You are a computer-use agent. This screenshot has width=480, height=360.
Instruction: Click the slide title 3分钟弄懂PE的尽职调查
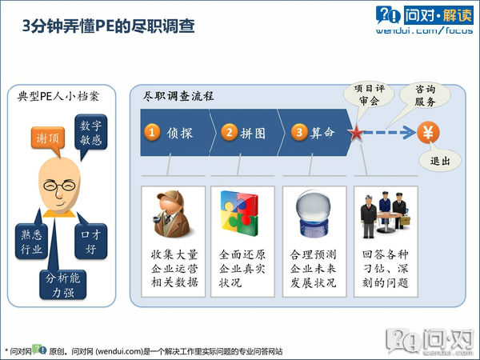click(108, 27)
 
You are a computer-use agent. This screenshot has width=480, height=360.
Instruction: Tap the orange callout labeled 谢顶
click(47, 138)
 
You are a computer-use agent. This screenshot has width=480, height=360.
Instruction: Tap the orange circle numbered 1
click(152, 132)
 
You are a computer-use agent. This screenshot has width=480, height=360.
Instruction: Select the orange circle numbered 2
click(229, 132)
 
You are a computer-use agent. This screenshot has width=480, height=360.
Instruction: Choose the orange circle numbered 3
click(299, 132)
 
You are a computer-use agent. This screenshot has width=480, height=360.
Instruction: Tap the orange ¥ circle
click(428, 131)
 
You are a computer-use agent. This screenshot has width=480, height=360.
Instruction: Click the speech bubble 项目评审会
click(370, 95)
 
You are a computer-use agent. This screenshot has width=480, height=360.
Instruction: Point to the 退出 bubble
click(439, 161)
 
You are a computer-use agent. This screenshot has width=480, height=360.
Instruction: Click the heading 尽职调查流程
click(178, 95)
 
